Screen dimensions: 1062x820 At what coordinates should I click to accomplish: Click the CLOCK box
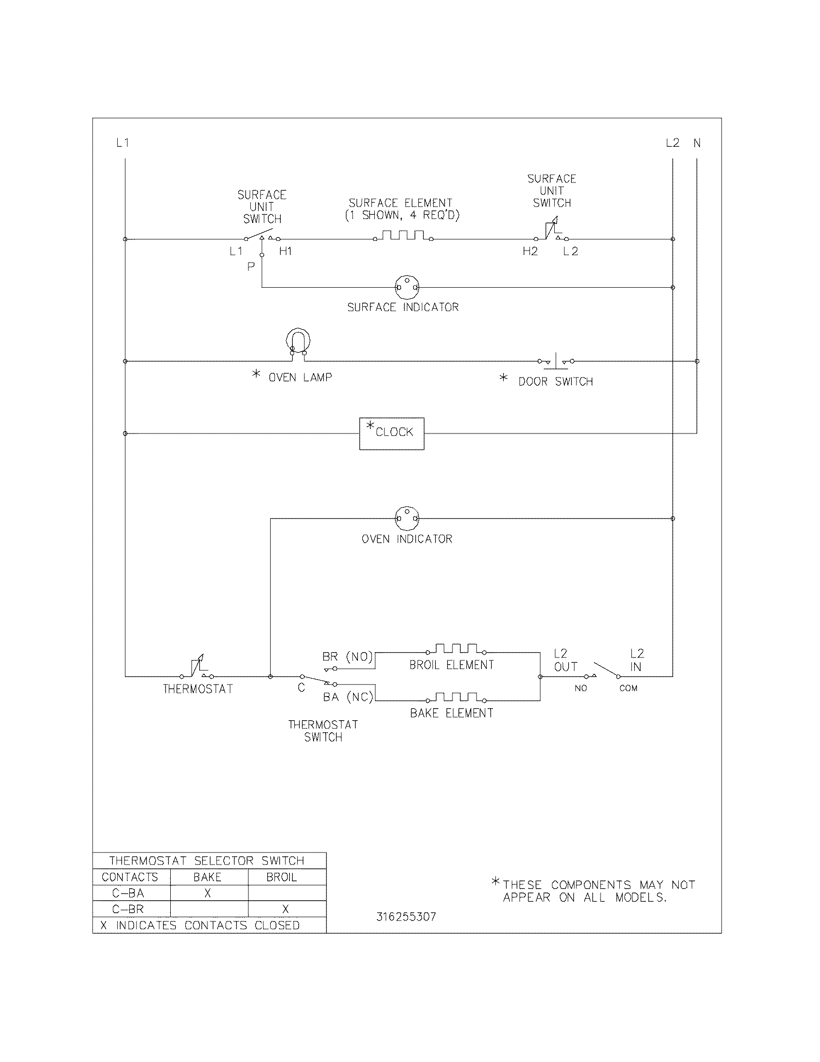tap(392, 433)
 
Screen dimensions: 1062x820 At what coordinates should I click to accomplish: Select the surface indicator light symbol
tap(407, 287)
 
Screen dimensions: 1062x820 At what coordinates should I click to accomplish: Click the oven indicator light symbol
tap(407, 518)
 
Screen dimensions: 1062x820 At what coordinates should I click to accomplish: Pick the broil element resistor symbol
tap(456, 649)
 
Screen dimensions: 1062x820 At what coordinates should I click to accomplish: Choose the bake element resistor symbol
tap(456, 698)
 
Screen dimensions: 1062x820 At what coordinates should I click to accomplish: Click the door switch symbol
tap(556, 361)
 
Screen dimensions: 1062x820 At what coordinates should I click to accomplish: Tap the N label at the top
tap(697, 143)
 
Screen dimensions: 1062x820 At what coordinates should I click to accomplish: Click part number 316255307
tap(406, 917)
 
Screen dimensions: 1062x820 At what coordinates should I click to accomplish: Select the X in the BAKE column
tap(208, 893)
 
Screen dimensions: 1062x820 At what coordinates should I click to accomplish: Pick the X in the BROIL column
tap(286, 909)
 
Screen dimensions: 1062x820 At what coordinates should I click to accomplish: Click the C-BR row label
tap(128, 909)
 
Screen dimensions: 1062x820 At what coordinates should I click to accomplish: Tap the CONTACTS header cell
tap(130, 877)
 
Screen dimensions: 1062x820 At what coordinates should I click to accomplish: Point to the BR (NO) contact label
tap(347, 657)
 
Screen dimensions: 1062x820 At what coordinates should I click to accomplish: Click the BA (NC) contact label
tap(348, 698)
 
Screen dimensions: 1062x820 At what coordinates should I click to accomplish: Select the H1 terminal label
tap(286, 252)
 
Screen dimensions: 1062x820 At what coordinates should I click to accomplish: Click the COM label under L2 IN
tap(628, 688)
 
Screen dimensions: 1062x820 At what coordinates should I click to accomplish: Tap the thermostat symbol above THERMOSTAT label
tap(198, 667)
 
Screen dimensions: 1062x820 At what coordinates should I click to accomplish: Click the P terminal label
tap(251, 266)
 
